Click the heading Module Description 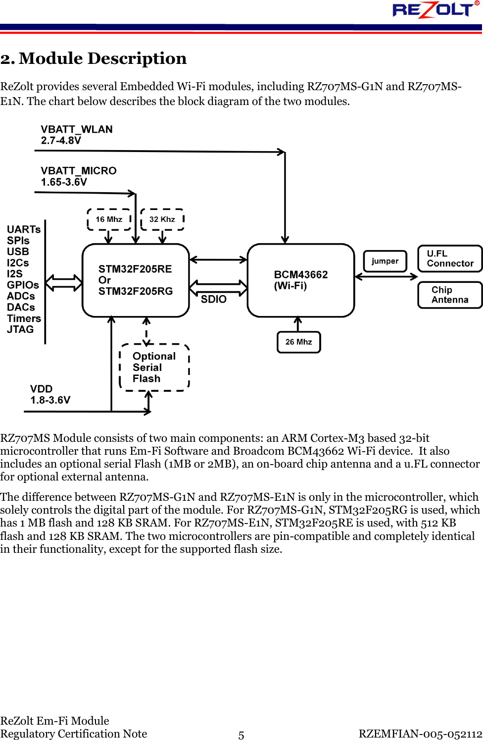[94, 58]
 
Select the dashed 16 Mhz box [109, 219]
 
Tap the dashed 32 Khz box [162, 219]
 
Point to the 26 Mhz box [299, 342]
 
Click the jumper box [385, 261]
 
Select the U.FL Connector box [450, 259]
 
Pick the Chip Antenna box [450, 295]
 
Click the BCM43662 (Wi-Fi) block [301, 280]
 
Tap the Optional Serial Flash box [154, 368]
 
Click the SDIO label [214, 299]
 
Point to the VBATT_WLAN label [77, 129]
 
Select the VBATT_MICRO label [79, 171]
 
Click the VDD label [42, 389]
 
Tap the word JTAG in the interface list [20, 329]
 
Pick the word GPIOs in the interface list [23, 285]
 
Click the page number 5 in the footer [241, 735]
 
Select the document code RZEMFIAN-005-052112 [420, 734]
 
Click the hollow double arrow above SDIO [218, 287]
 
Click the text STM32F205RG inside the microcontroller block [136, 291]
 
